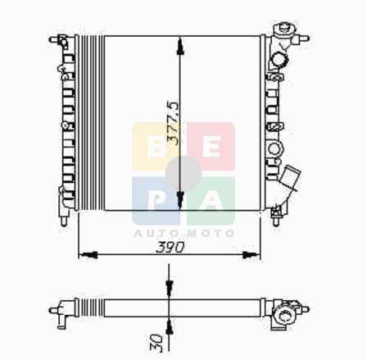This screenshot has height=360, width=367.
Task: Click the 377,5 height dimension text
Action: pos(174,124)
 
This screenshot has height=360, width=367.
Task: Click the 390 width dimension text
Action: pos(170,248)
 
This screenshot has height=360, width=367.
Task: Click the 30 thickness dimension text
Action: pos(156,344)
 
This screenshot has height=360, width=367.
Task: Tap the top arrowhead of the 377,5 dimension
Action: pos(180,45)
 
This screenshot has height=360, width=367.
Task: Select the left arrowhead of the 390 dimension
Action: pos(88,255)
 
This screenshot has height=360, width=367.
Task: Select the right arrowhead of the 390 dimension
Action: pos(251,255)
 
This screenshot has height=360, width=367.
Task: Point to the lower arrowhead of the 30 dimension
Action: pos(170,326)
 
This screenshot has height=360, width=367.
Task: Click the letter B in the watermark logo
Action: pos(156,147)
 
